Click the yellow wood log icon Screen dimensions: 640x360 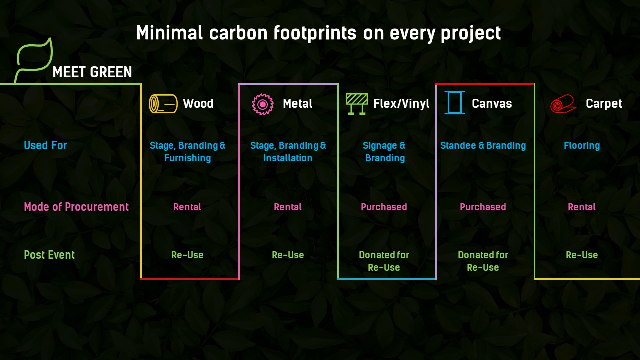(x=163, y=104)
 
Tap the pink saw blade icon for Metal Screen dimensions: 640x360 (x=263, y=104)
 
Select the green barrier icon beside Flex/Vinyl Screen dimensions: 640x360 (x=357, y=104)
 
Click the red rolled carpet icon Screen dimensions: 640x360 (x=563, y=104)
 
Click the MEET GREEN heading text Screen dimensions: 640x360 (x=92, y=72)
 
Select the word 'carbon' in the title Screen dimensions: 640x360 (x=238, y=33)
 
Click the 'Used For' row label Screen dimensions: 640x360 (x=45, y=145)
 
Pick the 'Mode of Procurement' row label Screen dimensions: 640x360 (x=76, y=207)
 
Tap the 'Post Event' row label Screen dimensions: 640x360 (x=49, y=255)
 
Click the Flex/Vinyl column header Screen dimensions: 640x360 (x=401, y=104)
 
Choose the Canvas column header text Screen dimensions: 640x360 (x=492, y=104)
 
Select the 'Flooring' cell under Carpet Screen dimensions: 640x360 (x=582, y=146)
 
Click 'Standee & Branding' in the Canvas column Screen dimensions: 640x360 (x=483, y=145)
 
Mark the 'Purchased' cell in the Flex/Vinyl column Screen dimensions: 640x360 (x=384, y=207)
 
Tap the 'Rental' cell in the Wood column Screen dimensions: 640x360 (x=187, y=207)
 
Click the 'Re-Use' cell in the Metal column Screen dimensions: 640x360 (x=288, y=255)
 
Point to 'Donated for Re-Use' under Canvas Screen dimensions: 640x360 (x=483, y=261)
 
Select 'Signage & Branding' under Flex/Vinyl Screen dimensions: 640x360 (x=384, y=152)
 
